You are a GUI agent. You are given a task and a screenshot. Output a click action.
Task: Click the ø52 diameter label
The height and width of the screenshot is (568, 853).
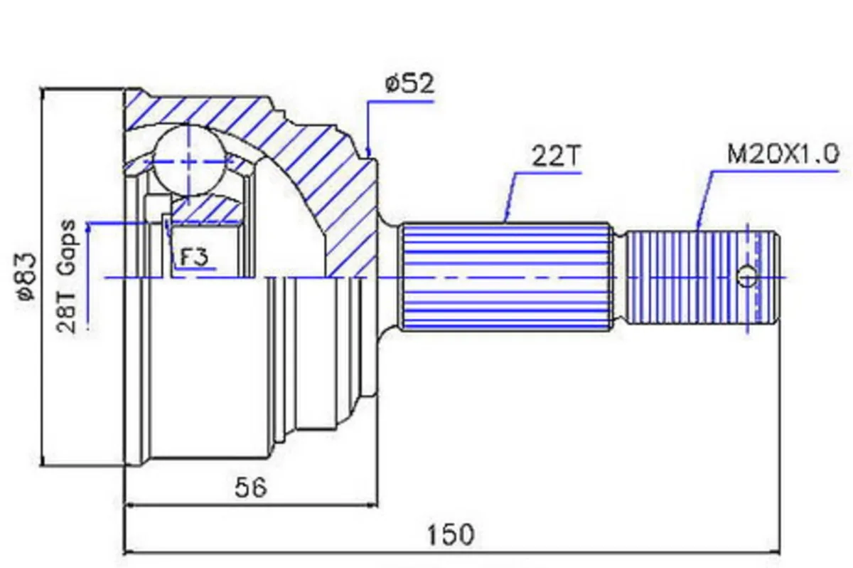(x=409, y=84)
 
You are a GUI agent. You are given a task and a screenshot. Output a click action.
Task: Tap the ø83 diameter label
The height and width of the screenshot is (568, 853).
(x=28, y=277)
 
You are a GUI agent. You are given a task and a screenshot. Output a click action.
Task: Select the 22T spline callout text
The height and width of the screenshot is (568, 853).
(x=557, y=156)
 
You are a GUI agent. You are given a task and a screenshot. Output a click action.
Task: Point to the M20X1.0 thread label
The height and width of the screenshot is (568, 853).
(x=783, y=154)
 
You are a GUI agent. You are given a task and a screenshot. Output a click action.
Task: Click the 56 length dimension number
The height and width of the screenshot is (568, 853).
(x=250, y=488)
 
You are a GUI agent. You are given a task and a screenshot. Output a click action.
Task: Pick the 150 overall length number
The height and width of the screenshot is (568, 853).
(x=451, y=535)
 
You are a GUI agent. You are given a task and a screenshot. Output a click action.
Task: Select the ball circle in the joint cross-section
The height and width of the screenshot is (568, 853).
(x=188, y=161)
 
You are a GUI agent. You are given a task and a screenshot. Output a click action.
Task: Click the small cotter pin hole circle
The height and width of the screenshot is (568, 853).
(x=747, y=277)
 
